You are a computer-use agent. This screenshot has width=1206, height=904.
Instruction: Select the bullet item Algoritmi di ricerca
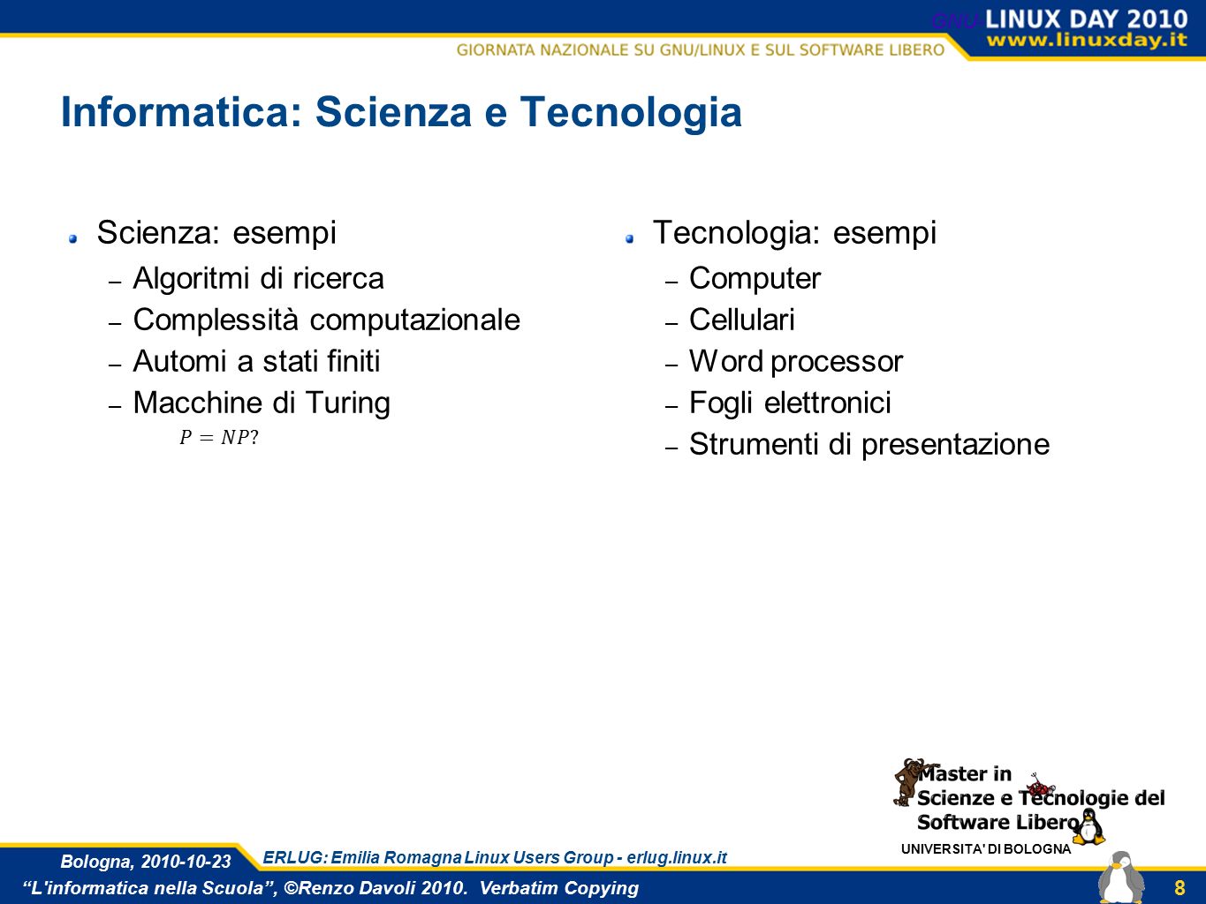point(258,278)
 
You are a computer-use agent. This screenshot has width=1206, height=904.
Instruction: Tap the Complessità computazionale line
point(326,320)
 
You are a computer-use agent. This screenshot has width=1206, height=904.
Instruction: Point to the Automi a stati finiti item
point(256,361)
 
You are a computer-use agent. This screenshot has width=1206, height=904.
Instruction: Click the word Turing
point(347,403)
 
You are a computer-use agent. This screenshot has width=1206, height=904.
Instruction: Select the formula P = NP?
point(219,438)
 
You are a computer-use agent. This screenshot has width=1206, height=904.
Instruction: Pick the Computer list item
point(755,279)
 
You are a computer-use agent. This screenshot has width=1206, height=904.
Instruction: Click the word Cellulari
point(742,320)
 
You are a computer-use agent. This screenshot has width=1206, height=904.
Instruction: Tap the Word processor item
point(796,362)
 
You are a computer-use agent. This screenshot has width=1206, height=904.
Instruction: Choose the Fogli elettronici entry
point(790,403)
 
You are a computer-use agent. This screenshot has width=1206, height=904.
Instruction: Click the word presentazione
point(955,445)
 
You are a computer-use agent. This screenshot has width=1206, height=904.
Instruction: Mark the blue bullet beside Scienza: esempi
point(72,238)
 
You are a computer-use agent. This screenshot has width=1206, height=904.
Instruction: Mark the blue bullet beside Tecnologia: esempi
point(630,238)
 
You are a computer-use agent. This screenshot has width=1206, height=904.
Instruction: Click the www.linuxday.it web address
point(1087,40)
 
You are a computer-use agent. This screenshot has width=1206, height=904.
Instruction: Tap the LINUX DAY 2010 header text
point(1086,19)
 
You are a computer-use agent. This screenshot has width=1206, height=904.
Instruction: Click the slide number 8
point(1179,887)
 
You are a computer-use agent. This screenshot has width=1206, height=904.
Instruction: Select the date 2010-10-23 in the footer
point(186,862)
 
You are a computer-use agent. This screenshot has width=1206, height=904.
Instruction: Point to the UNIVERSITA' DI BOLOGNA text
point(986,849)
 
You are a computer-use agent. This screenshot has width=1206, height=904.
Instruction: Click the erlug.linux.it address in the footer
point(677,857)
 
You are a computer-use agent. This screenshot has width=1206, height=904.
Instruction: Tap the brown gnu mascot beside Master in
point(909,781)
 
